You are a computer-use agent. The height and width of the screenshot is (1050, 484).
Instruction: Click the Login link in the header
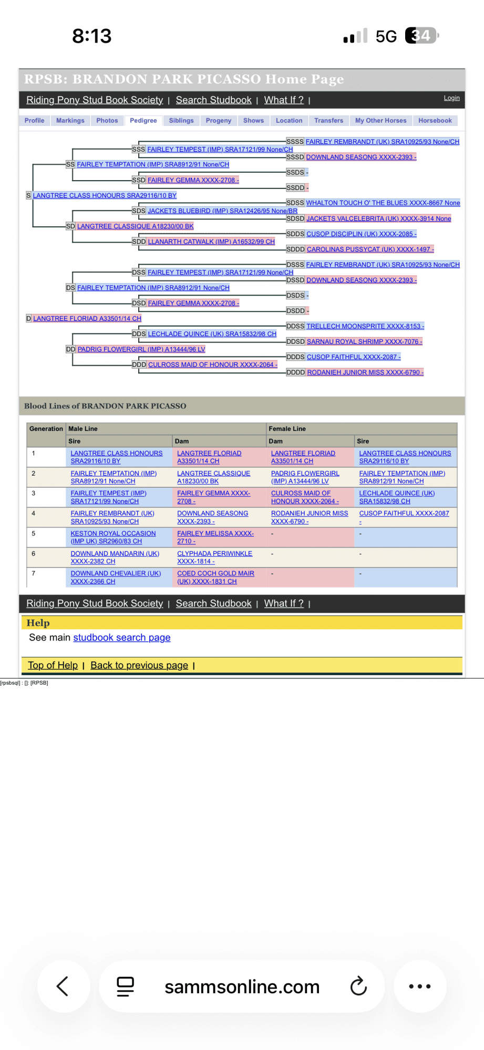451,98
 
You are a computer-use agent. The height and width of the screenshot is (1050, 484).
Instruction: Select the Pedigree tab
143,121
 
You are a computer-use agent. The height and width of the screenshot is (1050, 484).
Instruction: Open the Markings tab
70,121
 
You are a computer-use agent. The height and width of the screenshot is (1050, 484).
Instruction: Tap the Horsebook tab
435,121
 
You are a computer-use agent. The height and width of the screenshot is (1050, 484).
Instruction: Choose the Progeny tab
219,121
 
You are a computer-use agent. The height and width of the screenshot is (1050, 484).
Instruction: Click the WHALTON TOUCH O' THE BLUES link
383,203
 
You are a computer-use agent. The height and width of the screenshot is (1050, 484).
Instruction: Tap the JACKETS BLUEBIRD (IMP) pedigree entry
222,211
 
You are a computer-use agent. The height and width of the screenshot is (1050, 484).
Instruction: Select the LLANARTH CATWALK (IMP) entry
211,242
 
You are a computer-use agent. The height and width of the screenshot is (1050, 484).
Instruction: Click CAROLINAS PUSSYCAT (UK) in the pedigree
370,249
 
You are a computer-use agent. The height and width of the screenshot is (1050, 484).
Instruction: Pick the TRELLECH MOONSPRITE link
365,327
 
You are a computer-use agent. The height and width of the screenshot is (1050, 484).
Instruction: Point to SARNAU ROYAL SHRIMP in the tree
364,342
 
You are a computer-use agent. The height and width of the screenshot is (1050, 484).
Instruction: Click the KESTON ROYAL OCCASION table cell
113,537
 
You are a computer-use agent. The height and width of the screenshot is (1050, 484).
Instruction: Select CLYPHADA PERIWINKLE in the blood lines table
214,557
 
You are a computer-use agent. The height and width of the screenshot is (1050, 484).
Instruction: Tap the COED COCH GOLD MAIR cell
215,577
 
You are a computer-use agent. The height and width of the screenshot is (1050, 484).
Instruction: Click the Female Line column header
287,429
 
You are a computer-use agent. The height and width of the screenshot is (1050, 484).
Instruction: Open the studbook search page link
122,637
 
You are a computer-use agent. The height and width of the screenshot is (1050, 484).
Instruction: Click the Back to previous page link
139,665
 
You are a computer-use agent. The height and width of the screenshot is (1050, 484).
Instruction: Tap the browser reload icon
358,986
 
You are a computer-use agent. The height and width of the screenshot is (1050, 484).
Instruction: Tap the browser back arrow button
63,986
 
